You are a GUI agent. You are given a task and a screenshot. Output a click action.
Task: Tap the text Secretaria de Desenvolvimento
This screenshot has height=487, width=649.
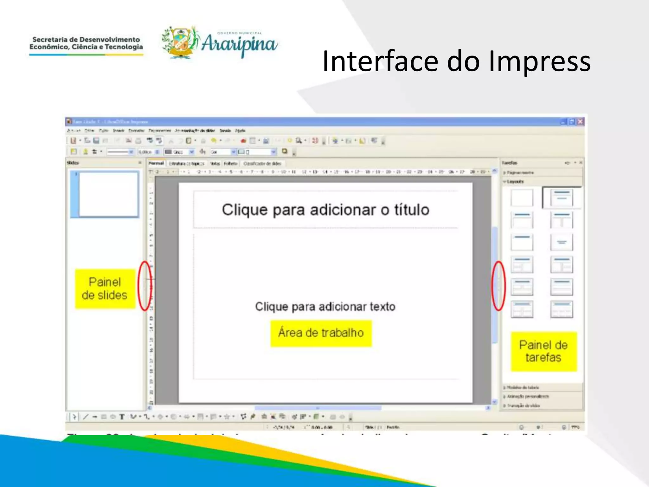pos(86,40)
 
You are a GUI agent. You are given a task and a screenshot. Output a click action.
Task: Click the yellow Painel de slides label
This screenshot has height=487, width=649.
pos(105,289)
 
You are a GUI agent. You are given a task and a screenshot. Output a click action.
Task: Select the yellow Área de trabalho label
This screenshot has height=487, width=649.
pos(321,333)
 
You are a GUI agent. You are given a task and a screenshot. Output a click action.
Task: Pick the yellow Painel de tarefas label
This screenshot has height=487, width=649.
pos(543,351)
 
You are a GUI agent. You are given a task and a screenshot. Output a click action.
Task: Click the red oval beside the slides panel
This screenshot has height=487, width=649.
pos(145,286)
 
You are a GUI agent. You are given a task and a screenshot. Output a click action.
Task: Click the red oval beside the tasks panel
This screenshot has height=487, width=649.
pos(498,286)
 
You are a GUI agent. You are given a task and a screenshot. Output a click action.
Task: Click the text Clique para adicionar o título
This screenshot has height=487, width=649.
pos(325,210)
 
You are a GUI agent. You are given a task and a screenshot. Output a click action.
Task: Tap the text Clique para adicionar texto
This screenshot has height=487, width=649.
pos(325,307)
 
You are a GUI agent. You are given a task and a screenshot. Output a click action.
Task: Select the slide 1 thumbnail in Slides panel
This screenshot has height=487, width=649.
pos(105,194)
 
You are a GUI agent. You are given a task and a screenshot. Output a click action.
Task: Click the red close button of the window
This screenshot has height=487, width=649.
pos(580,122)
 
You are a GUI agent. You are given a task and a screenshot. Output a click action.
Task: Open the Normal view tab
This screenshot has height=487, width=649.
pos(156,163)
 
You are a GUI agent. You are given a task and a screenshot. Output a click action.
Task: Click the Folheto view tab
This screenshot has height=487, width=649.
pos(230,164)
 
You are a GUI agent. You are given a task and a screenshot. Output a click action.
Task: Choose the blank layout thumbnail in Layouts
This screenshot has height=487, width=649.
pos(522,198)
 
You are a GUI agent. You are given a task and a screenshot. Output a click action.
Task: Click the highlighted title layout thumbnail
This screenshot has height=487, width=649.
pos(561,198)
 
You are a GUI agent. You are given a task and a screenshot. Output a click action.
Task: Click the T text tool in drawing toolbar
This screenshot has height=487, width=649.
pos(122,417)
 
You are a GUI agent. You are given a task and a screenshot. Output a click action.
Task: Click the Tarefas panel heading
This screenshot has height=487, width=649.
pos(509,163)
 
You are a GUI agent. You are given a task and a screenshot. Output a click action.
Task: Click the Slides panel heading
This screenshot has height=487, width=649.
pos(73,163)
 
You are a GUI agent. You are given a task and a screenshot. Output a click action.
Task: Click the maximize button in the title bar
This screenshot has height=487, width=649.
pos(572,122)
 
